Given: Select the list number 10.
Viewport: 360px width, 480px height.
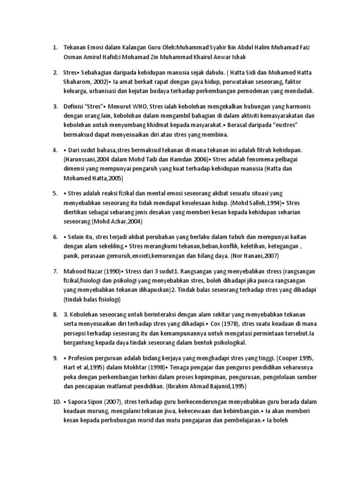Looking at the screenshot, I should [56, 402].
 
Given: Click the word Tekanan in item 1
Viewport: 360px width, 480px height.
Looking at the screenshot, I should [75, 48].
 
